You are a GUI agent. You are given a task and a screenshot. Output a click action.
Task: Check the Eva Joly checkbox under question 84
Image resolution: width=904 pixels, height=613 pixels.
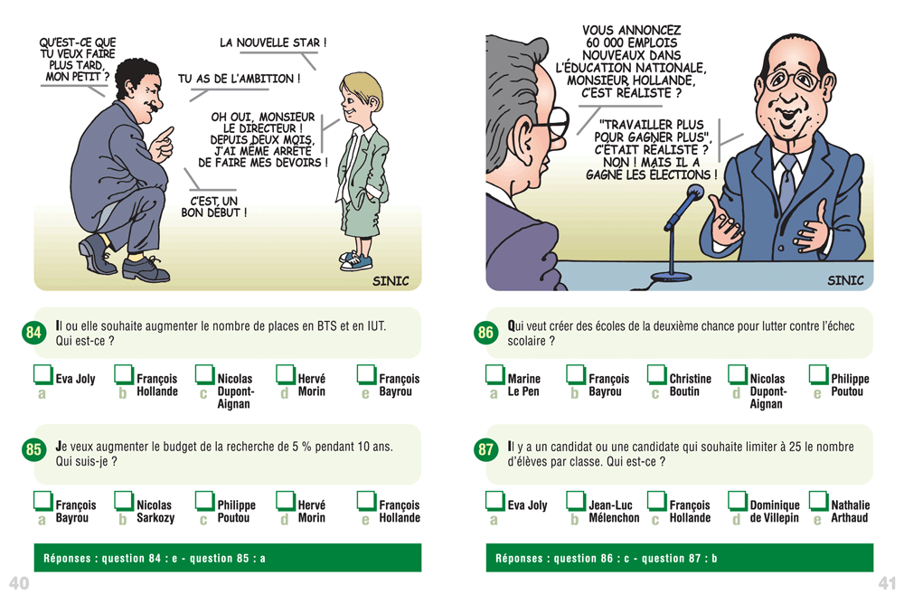pos(43,374)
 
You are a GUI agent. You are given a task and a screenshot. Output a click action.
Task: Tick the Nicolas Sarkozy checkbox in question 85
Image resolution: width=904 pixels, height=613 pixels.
pos(124,501)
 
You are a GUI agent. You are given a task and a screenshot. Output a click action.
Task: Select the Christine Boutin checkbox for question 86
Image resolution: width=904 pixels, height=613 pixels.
pos(656,374)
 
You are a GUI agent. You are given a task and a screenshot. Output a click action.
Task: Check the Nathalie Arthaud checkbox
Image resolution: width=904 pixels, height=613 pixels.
pos(818,501)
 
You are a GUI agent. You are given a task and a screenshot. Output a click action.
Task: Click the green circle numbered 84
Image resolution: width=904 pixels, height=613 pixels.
pos(33,332)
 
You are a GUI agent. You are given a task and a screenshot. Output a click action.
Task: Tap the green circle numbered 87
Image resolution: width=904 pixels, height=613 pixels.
pos(485,449)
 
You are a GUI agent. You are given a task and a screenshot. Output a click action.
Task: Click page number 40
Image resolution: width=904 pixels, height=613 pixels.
pos(19,583)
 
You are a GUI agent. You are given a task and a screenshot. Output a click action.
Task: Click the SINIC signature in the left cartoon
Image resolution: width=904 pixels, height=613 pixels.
pos(391,281)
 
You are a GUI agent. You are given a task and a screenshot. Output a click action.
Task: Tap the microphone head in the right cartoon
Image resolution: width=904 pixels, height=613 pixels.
pos(694,192)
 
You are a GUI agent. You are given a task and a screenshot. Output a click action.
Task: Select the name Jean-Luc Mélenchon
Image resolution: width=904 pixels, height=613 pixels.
pos(614,512)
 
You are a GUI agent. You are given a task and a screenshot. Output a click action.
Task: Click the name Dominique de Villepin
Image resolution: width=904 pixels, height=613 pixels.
pos(775,512)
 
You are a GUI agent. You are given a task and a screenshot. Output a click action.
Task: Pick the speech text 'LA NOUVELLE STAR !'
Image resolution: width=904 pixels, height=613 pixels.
pos(273,42)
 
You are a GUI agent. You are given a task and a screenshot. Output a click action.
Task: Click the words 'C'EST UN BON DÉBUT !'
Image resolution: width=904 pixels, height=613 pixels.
pos(214,206)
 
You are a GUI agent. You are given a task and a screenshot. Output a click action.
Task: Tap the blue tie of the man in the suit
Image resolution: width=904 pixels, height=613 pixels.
pos(787,183)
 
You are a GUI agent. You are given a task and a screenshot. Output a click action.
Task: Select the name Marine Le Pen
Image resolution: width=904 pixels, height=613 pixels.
pos(523,385)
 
